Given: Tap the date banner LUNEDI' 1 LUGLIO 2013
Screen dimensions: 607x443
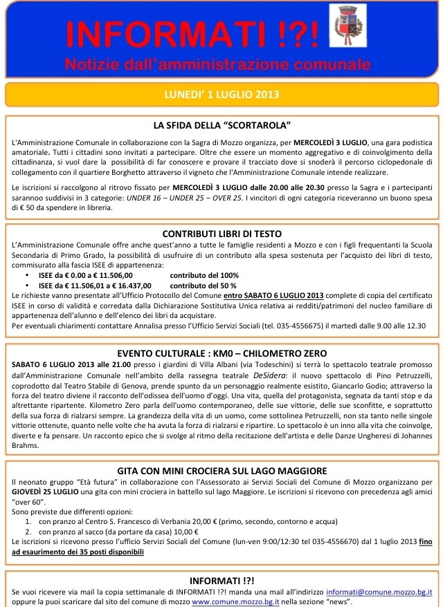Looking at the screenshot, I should [221, 94].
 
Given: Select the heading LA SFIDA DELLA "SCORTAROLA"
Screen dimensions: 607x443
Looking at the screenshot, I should [221, 126].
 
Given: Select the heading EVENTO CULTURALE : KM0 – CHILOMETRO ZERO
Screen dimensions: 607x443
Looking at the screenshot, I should [221, 353].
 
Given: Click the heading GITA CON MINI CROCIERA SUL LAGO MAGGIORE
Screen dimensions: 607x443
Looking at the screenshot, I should [221, 471].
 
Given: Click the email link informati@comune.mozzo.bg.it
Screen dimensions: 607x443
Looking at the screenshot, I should [379, 592].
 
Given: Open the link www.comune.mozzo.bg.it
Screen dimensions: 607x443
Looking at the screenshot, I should [231, 602].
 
